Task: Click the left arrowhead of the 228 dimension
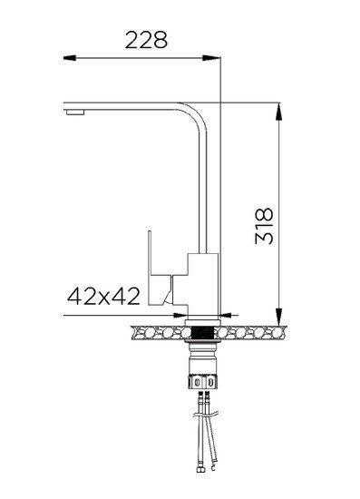pos(70,59)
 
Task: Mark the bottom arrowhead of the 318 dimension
pos(277,309)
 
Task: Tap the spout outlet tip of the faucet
pos(73,113)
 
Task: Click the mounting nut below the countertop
pos(202,373)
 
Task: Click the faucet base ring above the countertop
pos(202,318)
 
